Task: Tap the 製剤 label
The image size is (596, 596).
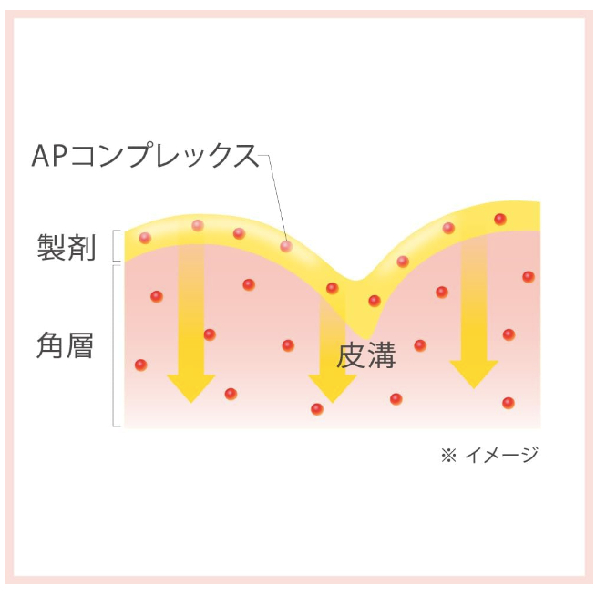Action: click(x=67, y=247)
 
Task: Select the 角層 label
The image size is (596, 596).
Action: click(x=66, y=345)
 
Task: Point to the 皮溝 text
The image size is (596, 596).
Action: click(x=366, y=355)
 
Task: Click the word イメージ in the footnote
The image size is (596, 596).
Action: click(x=501, y=454)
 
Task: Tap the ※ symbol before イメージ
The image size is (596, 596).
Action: click(x=447, y=454)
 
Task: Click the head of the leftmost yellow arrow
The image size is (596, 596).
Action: click(x=190, y=387)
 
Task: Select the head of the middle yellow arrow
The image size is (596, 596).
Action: click(x=332, y=387)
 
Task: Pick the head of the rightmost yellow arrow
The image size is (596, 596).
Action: click(x=474, y=374)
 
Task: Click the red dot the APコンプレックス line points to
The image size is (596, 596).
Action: click(x=286, y=246)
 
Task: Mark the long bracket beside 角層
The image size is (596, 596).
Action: click(x=115, y=345)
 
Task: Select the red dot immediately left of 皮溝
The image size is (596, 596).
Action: click(x=288, y=345)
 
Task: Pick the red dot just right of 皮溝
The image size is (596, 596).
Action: click(x=420, y=345)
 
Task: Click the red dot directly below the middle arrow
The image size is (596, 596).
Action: click(x=317, y=408)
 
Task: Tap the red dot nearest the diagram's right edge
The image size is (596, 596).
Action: click(x=529, y=276)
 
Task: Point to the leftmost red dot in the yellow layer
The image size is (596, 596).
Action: click(x=145, y=238)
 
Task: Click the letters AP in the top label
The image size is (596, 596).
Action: click(x=45, y=156)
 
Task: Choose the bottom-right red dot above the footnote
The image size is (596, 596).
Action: click(x=509, y=403)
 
